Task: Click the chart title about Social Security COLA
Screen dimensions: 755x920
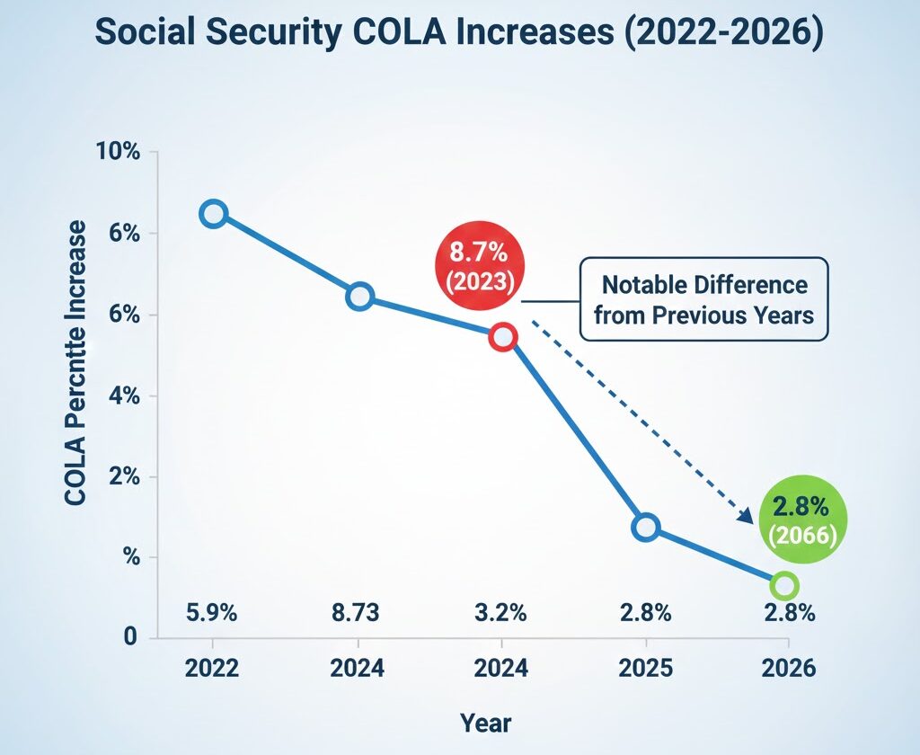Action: point(459,32)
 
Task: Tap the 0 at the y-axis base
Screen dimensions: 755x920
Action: point(129,637)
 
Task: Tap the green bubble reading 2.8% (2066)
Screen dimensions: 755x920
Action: point(800,521)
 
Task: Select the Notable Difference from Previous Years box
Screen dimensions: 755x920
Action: point(703,300)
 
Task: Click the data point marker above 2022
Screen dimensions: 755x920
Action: point(213,214)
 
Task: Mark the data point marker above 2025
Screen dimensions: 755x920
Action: point(645,528)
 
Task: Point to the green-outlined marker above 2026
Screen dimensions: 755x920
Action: point(784,586)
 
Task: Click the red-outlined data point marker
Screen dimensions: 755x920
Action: point(502,337)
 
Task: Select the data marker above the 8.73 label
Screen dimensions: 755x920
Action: point(359,297)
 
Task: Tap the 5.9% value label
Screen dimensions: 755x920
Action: point(211,614)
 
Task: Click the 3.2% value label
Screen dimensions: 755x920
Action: point(500,614)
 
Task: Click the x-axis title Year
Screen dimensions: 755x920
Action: point(485,722)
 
